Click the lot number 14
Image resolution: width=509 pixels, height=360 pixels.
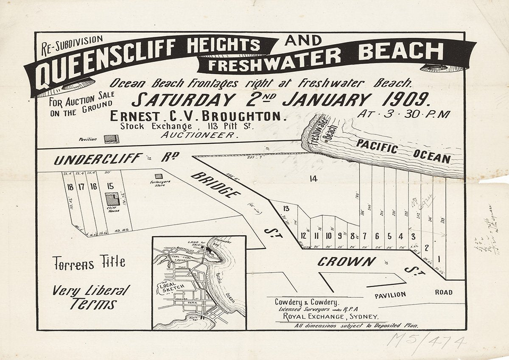[313, 179]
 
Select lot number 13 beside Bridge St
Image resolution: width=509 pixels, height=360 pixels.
[286, 208]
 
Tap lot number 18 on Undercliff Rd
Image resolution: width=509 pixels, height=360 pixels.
[70, 186]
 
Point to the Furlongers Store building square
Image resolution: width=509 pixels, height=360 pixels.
[158, 176]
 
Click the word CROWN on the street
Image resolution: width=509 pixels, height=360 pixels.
[346, 262]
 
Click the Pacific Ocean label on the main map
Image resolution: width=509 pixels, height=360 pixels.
[402, 151]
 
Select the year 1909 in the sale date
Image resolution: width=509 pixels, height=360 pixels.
[406, 100]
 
